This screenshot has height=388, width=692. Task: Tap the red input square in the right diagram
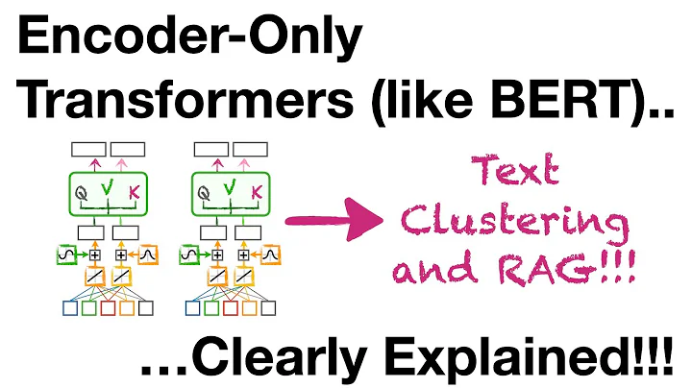tap(229, 309)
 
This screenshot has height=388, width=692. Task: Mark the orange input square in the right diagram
tap(248, 309)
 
